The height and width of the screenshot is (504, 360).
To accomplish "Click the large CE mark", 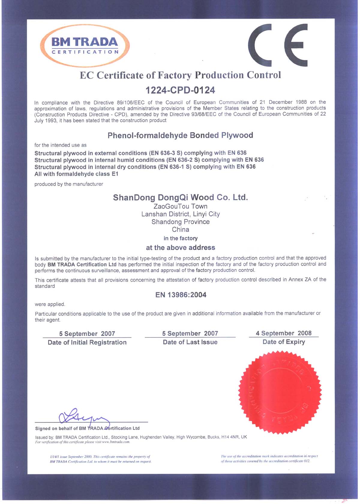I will coord(278,45).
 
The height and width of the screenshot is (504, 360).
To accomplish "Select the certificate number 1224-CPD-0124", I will coord(180,90).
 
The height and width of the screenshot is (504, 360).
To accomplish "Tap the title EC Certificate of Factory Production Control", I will coord(180,75).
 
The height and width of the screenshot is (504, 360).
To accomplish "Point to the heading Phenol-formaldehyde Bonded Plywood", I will coord(180,135).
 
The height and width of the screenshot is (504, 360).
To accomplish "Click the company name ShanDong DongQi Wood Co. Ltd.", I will coord(180,198).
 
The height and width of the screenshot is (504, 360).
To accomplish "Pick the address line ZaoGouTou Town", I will coord(180,207).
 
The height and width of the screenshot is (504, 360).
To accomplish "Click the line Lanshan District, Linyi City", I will coord(180,214).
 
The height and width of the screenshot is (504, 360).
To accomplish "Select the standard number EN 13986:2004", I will coord(181,295).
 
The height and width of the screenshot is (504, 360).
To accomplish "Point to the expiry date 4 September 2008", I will coord(283,333).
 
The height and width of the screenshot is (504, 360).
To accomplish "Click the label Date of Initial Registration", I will coord(87,343).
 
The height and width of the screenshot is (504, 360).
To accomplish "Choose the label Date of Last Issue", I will coord(190,342).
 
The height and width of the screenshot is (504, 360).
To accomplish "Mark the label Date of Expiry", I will coord(284,342).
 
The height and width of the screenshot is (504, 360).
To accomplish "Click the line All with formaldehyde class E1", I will coord(76,174).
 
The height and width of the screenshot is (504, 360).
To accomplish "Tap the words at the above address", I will coord(180,248).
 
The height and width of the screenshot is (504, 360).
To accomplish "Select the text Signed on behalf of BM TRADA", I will coord(69,428).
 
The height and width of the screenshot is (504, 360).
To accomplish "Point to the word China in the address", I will coord(180,230).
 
